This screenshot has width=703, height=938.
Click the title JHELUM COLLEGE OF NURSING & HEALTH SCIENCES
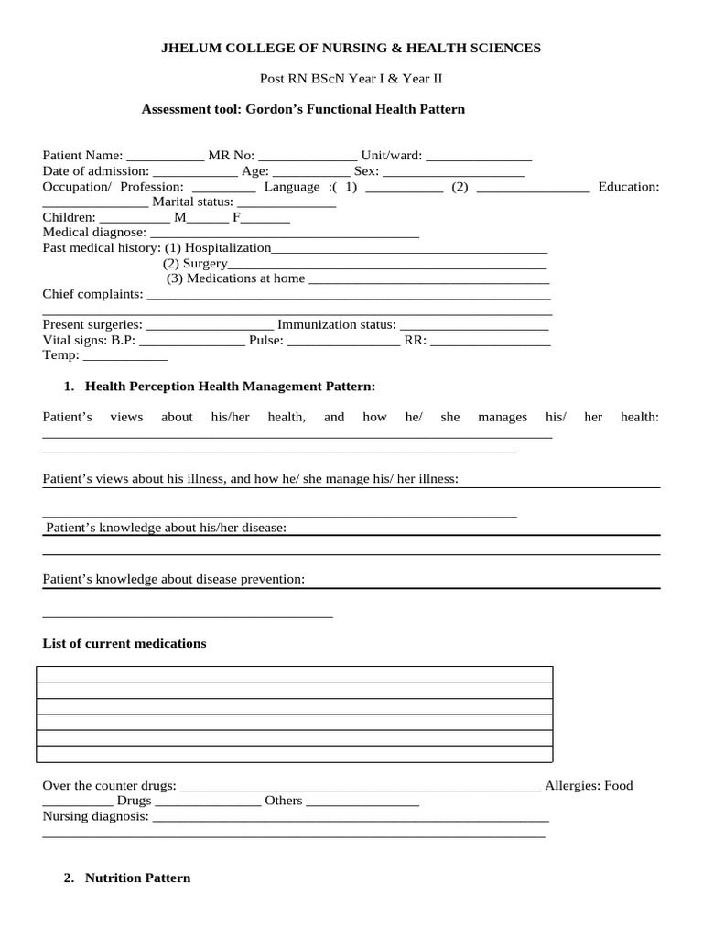pos(351,48)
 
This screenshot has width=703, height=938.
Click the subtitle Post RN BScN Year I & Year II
pos(351,79)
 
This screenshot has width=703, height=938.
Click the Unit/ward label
pos(392,156)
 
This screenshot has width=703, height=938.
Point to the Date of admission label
pos(95,171)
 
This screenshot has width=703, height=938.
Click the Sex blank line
pos(452,171)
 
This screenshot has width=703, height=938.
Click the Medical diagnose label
pos(94,234)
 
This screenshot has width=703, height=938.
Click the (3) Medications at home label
pos(236,278)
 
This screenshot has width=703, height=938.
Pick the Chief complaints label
pos(92,294)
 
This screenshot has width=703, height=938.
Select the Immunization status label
pos(337,325)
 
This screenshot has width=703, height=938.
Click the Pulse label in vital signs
pos(266,341)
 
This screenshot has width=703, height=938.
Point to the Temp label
pos(61,355)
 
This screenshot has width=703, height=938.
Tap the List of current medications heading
pos(124,644)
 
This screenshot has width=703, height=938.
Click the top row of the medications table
pos(294,674)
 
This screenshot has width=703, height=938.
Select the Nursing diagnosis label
pos(95,816)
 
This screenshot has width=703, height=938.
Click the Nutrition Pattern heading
pos(137,878)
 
